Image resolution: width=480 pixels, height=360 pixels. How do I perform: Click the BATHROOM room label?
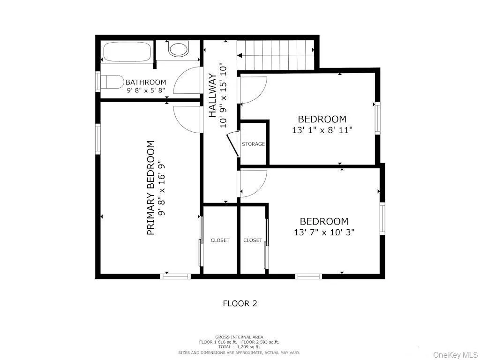[146, 82]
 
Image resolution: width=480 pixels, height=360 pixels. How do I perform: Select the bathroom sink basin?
[178, 49]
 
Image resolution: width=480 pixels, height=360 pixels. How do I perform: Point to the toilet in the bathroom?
[112, 82]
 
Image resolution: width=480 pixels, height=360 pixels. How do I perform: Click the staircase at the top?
[275, 55]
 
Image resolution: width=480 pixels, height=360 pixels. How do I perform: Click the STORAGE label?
[253, 144]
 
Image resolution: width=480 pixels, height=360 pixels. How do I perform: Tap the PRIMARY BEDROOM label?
[151, 187]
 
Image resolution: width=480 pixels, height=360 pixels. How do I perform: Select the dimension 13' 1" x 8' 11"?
[322, 130]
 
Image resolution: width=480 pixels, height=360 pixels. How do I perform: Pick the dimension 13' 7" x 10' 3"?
[324, 232]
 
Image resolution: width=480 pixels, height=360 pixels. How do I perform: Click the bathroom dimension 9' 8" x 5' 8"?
[146, 91]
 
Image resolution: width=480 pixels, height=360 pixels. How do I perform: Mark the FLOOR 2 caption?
[240, 303]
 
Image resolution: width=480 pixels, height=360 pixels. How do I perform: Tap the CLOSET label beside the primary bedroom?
[220, 240]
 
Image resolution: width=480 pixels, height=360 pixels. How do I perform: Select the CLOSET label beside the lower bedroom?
[253, 240]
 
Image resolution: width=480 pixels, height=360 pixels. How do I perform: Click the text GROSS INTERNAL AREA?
[239, 337]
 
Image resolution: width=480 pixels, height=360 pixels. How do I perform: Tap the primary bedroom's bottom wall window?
[175, 276]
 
